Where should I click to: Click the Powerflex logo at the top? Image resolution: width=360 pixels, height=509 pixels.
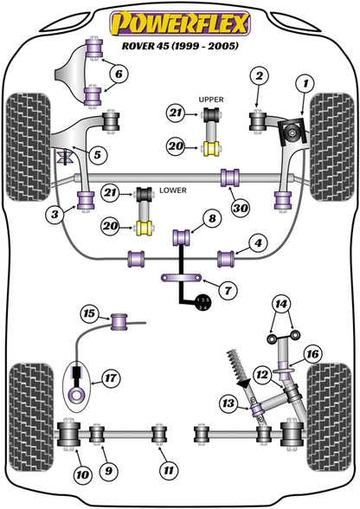pyautogui.click(x=180, y=23)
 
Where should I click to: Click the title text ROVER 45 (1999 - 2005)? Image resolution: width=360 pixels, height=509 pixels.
pyautogui.click(x=180, y=45)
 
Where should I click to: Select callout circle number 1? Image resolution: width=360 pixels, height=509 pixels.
pyautogui.click(x=305, y=84)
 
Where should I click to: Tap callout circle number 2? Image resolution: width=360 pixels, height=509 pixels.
pyautogui.click(x=260, y=75)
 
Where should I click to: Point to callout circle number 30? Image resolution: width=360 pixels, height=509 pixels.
pyautogui.click(x=241, y=208)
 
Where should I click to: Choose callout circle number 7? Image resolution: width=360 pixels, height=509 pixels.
pyautogui.click(x=228, y=289)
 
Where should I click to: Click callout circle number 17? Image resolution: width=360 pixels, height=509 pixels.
pyautogui.click(x=111, y=377)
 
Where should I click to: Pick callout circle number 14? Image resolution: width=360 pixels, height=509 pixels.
pyautogui.click(x=281, y=304)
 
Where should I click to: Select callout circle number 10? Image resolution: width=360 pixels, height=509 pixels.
pyautogui.click(x=82, y=475)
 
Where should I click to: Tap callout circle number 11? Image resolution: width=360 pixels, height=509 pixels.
pyautogui.click(x=169, y=470)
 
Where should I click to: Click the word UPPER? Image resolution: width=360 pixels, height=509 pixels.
pyautogui.click(x=211, y=100)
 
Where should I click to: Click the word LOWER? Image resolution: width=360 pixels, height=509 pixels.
pyautogui.click(x=173, y=190)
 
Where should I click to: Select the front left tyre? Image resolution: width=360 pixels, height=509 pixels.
pyautogui.click(x=29, y=147)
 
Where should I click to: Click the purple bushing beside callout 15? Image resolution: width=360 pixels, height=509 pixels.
pyautogui.click(x=119, y=322)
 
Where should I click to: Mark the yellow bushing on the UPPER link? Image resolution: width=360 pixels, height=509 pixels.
pyautogui.click(x=212, y=149)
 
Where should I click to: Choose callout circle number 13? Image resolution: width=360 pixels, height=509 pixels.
pyautogui.click(x=228, y=403)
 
